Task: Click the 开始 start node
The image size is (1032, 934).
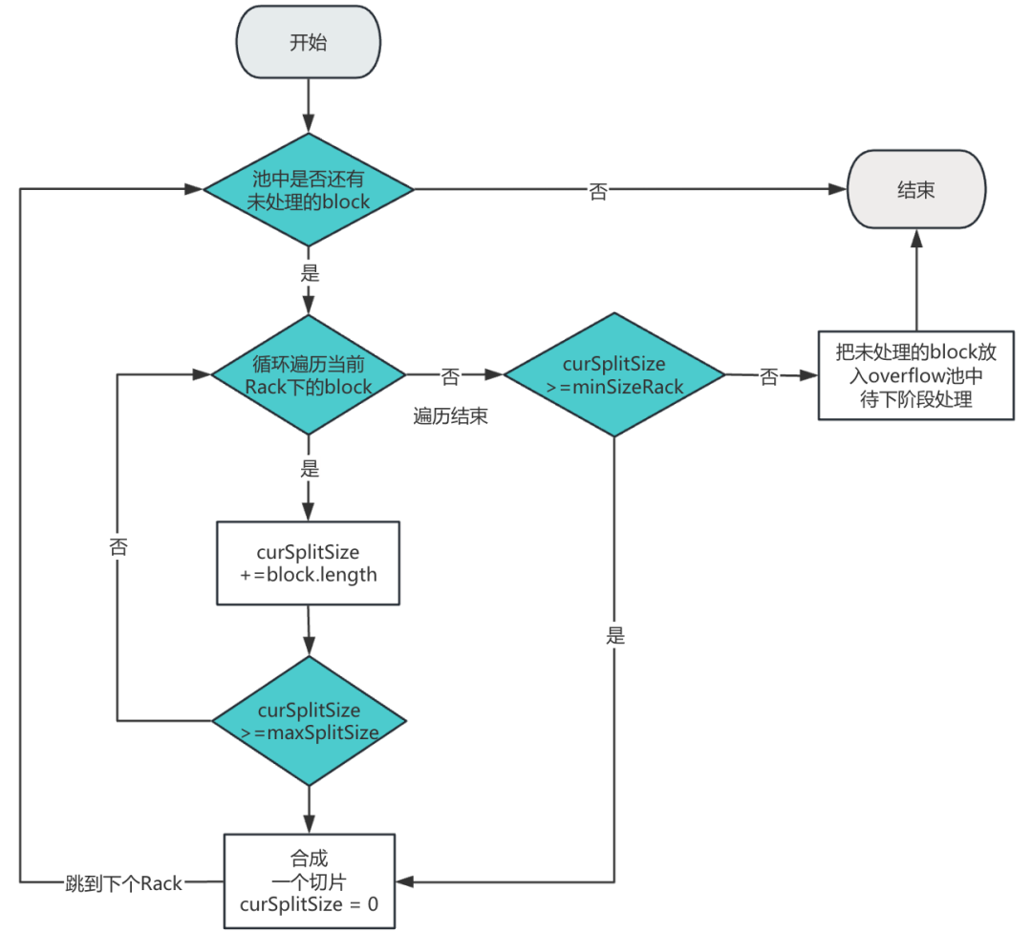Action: (x=308, y=42)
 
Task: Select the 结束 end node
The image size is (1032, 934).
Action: (x=916, y=189)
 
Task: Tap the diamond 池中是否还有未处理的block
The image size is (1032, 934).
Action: (x=308, y=189)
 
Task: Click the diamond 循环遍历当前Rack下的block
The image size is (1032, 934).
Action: (x=308, y=375)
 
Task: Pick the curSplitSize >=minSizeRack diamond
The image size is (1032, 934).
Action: (x=614, y=375)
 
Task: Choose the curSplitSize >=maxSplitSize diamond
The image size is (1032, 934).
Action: (x=309, y=721)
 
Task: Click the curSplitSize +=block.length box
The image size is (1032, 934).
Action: (x=308, y=563)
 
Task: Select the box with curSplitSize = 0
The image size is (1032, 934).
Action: (x=310, y=881)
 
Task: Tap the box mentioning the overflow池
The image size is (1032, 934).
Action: (x=916, y=375)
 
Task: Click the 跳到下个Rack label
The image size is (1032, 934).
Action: (x=123, y=883)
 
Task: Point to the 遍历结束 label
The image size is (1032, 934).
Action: (x=451, y=416)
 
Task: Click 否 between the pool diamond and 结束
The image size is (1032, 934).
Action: (x=598, y=191)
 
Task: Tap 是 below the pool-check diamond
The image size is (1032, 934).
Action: (x=310, y=272)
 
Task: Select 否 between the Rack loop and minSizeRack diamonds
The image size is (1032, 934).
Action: (x=450, y=376)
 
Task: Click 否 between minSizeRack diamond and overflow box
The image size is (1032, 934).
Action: (x=768, y=377)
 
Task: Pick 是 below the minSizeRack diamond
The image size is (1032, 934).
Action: (x=615, y=635)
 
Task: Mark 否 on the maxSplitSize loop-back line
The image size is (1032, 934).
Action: (x=118, y=546)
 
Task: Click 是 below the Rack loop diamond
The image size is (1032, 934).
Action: (x=310, y=468)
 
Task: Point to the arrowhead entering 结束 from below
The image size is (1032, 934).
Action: (x=916, y=238)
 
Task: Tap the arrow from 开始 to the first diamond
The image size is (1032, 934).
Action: (x=308, y=106)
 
